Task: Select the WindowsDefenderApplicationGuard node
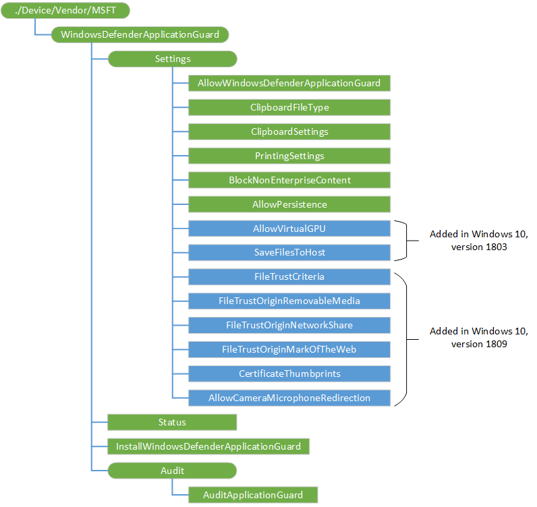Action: point(140,34)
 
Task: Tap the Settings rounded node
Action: point(173,59)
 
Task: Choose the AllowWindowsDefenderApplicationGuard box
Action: point(289,84)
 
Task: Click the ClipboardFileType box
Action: point(289,107)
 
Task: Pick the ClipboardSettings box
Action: point(289,131)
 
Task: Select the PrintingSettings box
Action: point(289,156)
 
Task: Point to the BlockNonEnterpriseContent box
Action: point(289,180)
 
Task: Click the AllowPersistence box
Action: point(289,204)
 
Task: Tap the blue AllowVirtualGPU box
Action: point(289,229)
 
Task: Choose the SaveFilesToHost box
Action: point(289,253)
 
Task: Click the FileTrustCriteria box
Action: point(289,276)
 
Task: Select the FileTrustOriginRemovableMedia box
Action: point(289,301)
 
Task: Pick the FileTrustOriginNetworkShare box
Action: point(289,325)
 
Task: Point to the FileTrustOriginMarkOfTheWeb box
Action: point(289,349)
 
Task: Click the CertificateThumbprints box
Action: point(289,374)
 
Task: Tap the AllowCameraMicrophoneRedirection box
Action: point(289,398)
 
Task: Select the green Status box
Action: point(172,422)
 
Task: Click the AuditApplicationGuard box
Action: point(253,495)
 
